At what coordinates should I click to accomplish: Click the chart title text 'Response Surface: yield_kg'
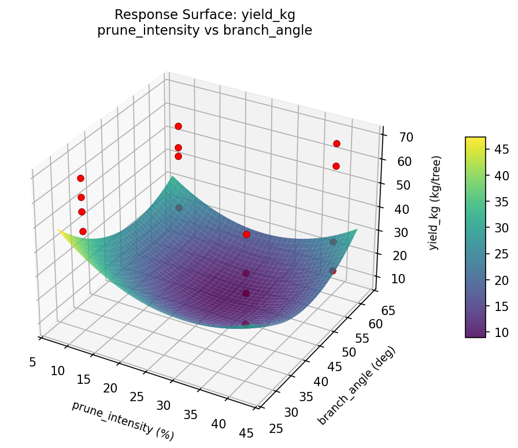[205, 14]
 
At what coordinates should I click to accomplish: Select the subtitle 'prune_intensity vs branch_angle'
[205, 31]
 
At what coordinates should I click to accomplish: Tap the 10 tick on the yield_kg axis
[397, 279]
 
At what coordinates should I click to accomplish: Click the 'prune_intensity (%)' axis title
[123, 420]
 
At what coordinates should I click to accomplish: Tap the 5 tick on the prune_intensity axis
[32, 362]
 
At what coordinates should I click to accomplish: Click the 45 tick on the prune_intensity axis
[246, 433]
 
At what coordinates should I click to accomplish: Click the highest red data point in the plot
[178, 126]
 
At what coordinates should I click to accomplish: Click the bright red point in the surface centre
[246, 234]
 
